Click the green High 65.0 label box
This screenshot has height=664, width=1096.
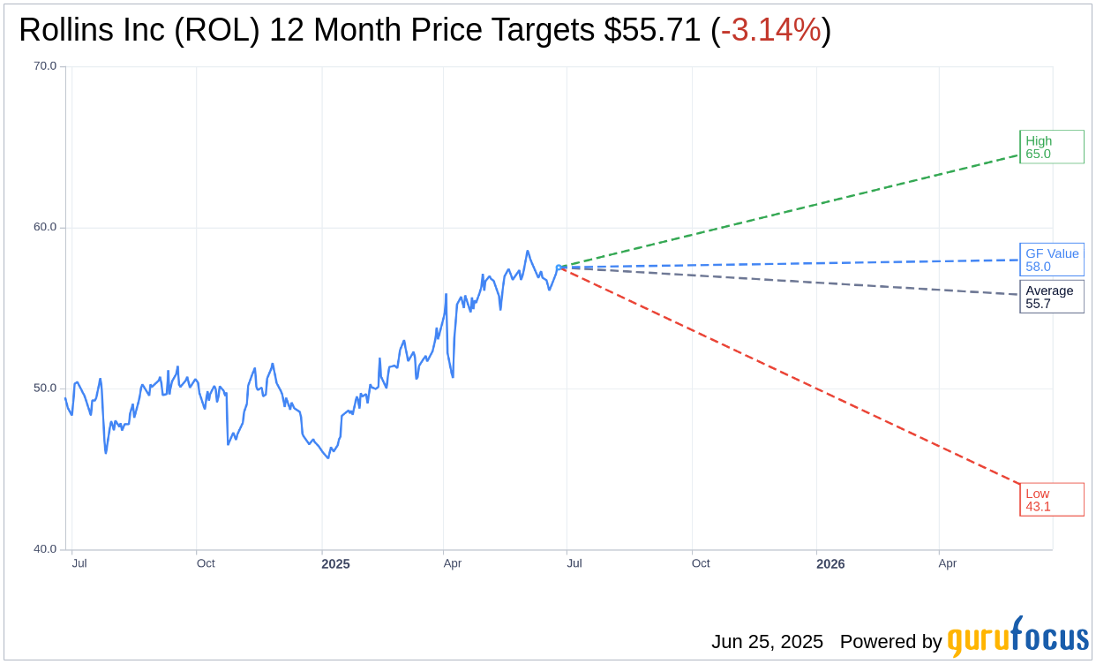coord(1051,147)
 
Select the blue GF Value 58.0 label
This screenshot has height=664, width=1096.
coord(1051,260)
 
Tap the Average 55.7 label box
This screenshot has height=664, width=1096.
coord(1051,297)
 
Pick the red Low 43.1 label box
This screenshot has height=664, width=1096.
coord(1051,500)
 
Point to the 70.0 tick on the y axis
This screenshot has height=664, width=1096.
coord(45,65)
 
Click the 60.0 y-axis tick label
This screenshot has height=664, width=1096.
coord(45,227)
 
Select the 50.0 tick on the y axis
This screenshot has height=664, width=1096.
coord(45,388)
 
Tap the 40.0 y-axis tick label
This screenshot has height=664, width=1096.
coord(45,549)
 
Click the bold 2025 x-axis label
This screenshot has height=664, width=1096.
coord(335,563)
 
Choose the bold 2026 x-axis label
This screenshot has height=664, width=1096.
coord(830,563)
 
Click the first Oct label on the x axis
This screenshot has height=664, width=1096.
coord(206,563)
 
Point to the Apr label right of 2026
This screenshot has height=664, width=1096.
coord(947,563)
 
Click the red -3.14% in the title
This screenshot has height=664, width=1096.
coord(771,30)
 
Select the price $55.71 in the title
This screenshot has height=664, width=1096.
coord(653,30)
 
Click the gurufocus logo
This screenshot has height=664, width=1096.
coord(1017,638)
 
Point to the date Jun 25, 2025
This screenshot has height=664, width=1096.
coord(767,642)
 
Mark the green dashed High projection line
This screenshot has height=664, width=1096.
coord(794,211)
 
